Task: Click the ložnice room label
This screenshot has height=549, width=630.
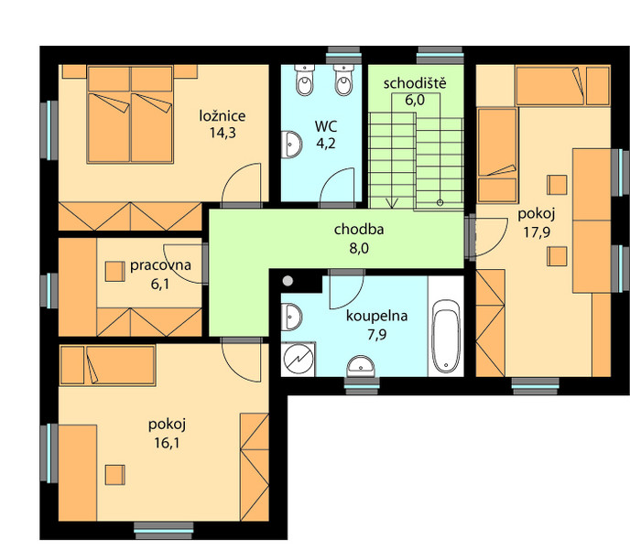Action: pyautogui.click(x=223, y=116)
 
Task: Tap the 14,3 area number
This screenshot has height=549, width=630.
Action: pyautogui.click(x=223, y=133)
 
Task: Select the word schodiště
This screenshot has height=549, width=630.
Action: pyautogui.click(x=415, y=83)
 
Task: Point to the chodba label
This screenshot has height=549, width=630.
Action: pyautogui.click(x=359, y=230)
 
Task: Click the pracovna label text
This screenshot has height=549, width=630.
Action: pyautogui.click(x=160, y=265)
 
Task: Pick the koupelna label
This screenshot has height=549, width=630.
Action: pyautogui.click(x=377, y=316)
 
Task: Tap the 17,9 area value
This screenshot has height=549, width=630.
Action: pyautogui.click(x=537, y=232)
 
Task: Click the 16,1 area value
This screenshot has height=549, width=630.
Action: pyautogui.click(x=167, y=443)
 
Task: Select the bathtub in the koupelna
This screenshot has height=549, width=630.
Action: pyautogui.click(x=446, y=336)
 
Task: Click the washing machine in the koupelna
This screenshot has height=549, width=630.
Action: pyautogui.click(x=298, y=359)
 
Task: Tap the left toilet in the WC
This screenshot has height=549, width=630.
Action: pyautogui.click(x=305, y=80)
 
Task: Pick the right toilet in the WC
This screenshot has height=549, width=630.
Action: pyautogui.click(x=343, y=80)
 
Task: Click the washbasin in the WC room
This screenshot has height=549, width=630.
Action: pyautogui.click(x=291, y=145)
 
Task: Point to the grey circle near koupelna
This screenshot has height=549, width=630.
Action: pyautogui.click(x=288, y=281)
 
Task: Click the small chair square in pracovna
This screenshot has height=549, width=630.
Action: pyautogui.click(x=114, y=272)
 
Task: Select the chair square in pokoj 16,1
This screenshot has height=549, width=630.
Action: pyautogui.click(x=114, y=475)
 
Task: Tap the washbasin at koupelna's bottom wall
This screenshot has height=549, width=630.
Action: pyautogui.click(x=361, y=366)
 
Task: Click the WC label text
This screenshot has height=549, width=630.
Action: pyautogui.click(x=326, y=126)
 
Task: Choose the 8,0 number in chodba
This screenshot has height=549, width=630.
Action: pyautogui.click(x=359, y=249)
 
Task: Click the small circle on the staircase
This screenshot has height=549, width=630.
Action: pyautogui.click(x=440, y=203)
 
